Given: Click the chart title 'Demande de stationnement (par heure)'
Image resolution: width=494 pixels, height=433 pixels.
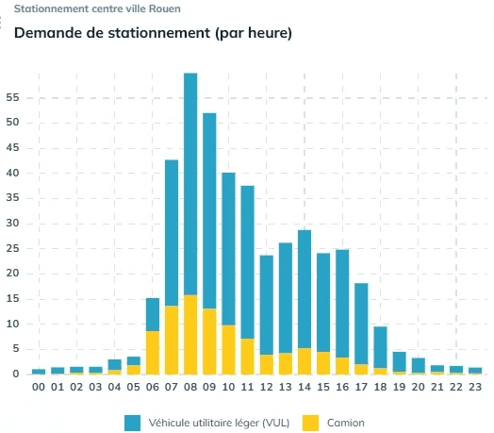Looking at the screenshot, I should pos(153,34).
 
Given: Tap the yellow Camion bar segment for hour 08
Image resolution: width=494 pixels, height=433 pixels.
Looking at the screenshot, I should pos(190,335).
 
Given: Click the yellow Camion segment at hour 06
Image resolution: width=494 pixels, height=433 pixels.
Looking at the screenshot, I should pos(152,353).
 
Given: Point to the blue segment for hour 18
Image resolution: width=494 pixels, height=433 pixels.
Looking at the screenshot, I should pos(380,347).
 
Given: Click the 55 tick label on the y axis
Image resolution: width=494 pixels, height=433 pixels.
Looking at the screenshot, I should pos(12,97).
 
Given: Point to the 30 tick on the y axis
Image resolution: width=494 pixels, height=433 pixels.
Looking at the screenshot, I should pos(12,224).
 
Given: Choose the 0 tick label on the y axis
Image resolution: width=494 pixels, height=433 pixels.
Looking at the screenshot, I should pos(15,375).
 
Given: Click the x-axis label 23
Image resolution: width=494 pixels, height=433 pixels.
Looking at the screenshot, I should pos(475,387).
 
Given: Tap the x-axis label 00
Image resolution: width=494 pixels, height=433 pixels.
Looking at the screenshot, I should pos(39,387).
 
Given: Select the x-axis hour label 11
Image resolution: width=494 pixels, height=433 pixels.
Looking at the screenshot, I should pos(247,387).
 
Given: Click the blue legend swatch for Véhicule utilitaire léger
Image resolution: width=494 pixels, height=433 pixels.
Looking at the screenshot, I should pos(132,423).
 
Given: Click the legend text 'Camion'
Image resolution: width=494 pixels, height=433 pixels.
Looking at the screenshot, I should pos(347,423).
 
